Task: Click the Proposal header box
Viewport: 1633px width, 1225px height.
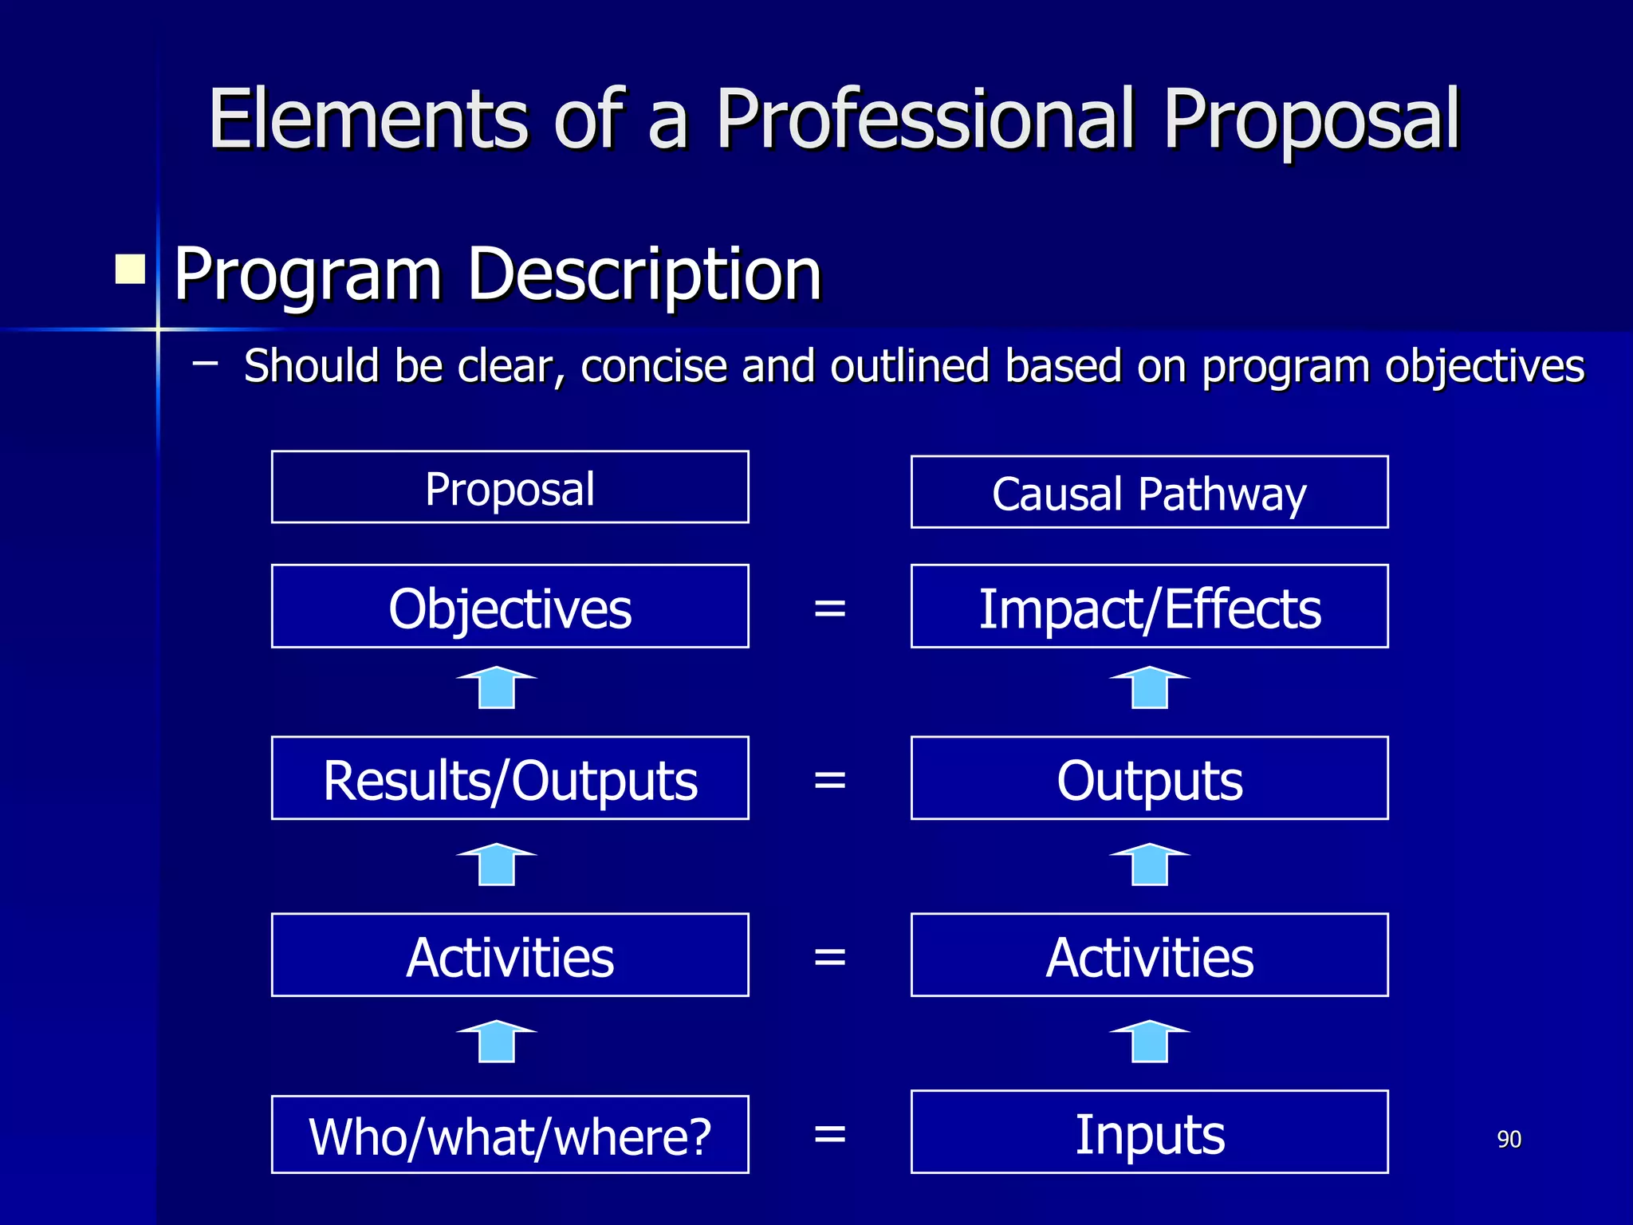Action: tap(510, 487)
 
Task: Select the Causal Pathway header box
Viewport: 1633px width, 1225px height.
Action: tap(1149, 492)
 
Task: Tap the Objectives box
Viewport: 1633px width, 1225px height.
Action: tap(510, 606)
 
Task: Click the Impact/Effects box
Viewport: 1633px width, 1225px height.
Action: tap(1149, 606)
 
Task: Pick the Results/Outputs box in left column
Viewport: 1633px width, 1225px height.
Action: tap(510, 778)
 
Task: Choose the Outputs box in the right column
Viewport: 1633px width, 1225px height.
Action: tap(1149, 778)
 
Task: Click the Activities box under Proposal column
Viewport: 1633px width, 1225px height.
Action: tap(510, 955)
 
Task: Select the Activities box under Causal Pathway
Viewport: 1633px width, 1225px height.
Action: tap(1149, 955)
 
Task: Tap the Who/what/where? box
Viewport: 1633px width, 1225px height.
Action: tap(510, 1134)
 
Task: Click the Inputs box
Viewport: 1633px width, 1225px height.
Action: tap(1149, 1132)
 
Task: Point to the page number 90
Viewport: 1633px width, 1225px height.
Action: tap(1509, 1139)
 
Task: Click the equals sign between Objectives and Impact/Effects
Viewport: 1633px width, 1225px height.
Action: tap(829, 609)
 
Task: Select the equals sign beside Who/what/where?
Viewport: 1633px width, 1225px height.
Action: tap(829, 1133)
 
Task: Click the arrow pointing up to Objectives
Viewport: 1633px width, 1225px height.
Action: tap(497, 687)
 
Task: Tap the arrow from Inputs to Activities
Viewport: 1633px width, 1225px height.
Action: tap(1150, 1042)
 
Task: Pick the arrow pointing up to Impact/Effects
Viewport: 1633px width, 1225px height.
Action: tap(1150, 687)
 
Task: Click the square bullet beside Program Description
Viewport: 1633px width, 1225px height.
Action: tap(130, 270)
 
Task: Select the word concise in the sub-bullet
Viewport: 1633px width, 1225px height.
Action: tap(654, 367)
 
